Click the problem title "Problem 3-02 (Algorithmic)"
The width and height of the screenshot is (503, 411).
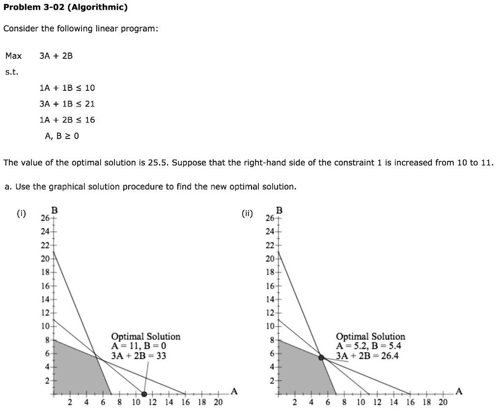pos(65,7)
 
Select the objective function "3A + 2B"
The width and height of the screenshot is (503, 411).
pos(56,56)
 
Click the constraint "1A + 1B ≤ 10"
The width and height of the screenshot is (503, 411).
pos(67,88)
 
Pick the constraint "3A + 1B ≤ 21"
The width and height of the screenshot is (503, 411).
pos(67,104)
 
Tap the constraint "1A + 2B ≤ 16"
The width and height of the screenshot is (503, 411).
pos(67,120)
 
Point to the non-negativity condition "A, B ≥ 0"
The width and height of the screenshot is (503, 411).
pos(61,136)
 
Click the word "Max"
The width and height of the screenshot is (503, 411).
pos(13,56)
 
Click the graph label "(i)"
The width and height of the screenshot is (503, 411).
pos(21,213)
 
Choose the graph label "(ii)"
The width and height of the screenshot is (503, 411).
pos(247,213)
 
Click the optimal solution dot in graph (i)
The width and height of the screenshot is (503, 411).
pos(144,394)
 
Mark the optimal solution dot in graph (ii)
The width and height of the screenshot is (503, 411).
pos(322,358)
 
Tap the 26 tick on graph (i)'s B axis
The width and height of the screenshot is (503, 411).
pos(45,218)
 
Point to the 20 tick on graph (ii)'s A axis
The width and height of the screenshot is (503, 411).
pos(443,403)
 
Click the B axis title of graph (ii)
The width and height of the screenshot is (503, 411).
pos(279,210)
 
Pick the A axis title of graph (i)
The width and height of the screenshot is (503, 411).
pos(234,391)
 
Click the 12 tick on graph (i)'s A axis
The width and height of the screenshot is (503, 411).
pos(152,403)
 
